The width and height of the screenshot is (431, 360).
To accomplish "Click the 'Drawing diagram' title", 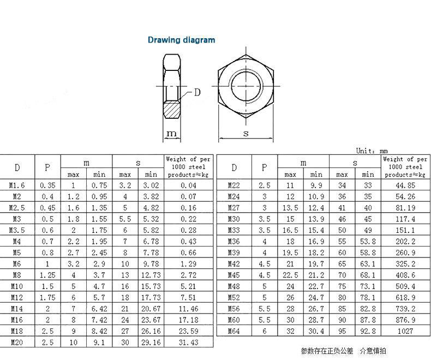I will click(x=181, y=40).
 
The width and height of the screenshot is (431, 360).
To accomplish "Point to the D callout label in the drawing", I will click(x=197, y=92).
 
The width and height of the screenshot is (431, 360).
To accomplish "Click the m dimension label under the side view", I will click(x=172, y=134).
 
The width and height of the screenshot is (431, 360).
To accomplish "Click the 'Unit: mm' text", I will click(x=372, y=151).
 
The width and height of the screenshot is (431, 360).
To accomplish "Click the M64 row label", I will click(x=234, y=331).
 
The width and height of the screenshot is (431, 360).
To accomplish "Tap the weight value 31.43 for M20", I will click(x=188, y=342).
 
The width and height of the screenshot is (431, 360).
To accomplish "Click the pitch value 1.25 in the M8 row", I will click(x=47, y=274).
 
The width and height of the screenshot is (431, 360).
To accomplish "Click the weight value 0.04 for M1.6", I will click(x=188, y=185).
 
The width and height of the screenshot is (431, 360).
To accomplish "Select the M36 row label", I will click(x=234, y=241).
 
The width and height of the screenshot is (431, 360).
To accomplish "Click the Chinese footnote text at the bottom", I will click(x=343, y=351).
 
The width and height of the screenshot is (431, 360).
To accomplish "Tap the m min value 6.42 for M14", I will click(x=99, y=308).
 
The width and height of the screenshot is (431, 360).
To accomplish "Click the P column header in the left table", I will click(x=47, y=167).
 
